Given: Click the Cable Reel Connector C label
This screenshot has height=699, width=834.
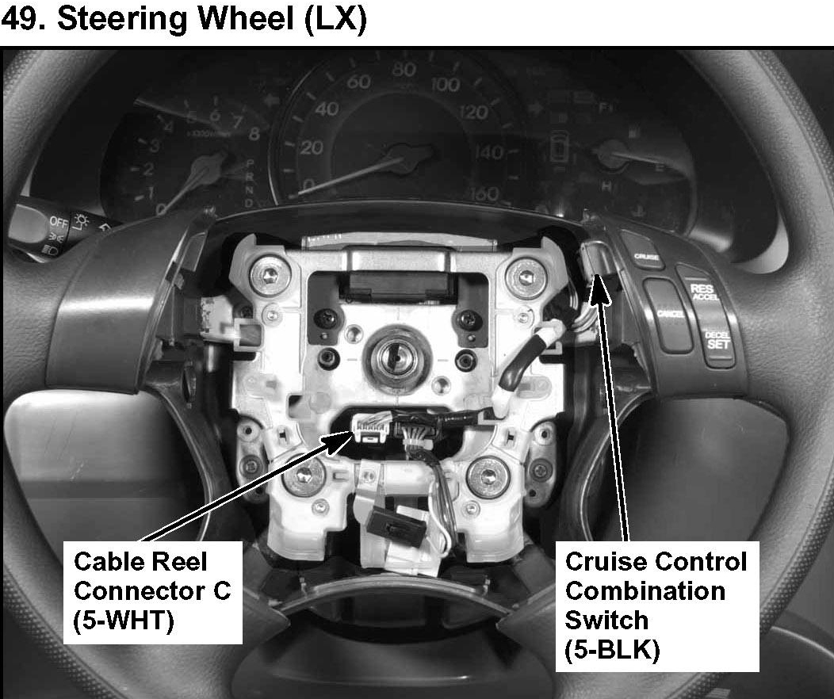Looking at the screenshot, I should pyautogui.click(x=152, y=591).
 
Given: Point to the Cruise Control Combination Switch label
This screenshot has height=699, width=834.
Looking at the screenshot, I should pyautogui.click(x=656, y=605).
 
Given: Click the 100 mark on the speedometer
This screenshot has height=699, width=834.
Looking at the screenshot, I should pyautogui.click(x=446, y=85).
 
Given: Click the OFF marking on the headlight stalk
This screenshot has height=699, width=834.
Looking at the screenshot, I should pyautogui.click(x=58, y=221).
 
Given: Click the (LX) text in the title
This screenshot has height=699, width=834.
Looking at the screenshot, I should pyautogui.click(x=334, y=21).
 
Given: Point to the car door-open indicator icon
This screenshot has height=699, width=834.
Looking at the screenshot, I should pyautogui.click(x=560, y=146).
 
